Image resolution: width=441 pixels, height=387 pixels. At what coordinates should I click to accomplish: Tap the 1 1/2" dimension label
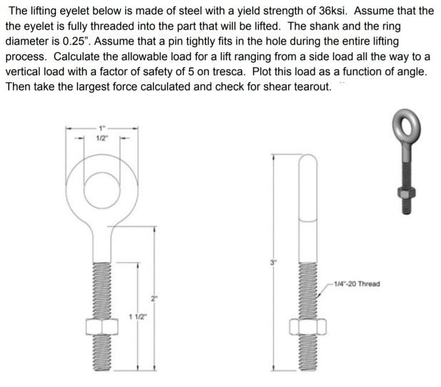(x=137, y=315)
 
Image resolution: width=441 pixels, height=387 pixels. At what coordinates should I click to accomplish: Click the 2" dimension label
(x=152, y=297)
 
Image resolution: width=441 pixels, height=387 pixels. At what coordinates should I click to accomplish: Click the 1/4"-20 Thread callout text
(x=357, y=283)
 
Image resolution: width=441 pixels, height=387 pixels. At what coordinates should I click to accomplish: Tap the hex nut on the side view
(x=308, y=328)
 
